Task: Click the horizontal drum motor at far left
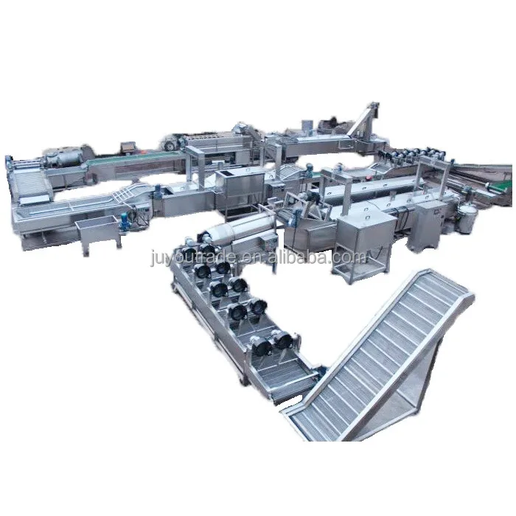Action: pyautogui.click(x=63, y=157)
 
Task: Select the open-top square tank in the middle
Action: pyautogui.click(x=236, y=185)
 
